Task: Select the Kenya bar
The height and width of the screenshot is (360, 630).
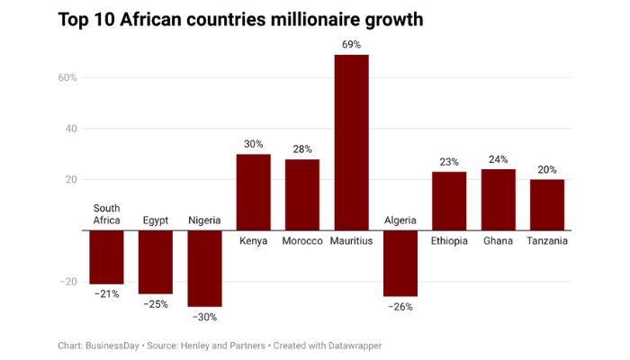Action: (253, 192)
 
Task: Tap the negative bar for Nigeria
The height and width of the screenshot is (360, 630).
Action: (204, 268)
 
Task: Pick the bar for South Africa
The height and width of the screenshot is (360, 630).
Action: (106, 256)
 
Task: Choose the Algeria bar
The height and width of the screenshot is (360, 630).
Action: (400, 263)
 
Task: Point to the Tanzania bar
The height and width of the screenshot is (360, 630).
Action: (547, 204)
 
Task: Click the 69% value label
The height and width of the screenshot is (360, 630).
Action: (351, 44)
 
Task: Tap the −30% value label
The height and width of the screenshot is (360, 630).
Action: (204, 317)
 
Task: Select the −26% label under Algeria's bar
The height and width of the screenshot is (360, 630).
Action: (400, 307)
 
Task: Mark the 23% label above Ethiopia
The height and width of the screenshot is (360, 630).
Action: (449, 162)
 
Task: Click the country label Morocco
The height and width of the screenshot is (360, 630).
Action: (302, 241)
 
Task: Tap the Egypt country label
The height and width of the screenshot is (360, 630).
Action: (156, 220)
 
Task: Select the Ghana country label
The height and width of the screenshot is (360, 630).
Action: (498, 241)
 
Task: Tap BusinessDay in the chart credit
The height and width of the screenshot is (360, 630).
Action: (113, 345)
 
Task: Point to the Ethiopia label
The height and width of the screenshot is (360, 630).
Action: (449, 241)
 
